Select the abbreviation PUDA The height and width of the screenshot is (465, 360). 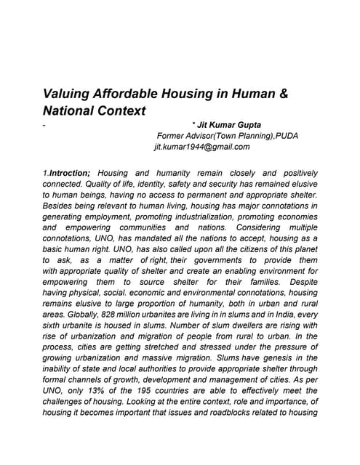pyautogui.click(x=284, y=135)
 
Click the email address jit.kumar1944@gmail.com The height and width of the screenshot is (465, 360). pyautogui.click(x=202, y=146)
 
